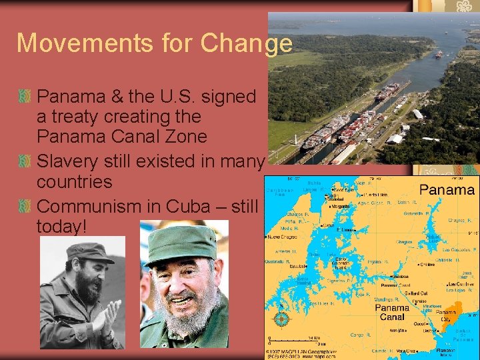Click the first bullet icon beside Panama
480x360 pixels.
click(x=25, y=97)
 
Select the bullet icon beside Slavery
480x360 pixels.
click(x=25, y=161)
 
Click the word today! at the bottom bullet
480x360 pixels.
click(x=62, y=226)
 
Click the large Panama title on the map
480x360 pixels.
click(x=447, y=190)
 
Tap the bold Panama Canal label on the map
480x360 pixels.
click(x=391, y=313)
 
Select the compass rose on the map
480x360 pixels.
click(x=281, y=318)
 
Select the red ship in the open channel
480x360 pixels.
click(x=439, y=55)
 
